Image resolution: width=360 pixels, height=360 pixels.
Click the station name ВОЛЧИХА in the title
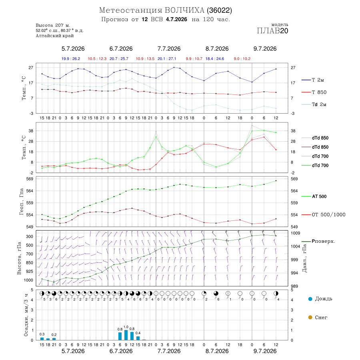click(184, 10)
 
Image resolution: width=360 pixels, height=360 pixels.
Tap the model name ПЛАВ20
click(272, 31)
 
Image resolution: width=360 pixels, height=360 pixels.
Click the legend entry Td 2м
click(314, 104)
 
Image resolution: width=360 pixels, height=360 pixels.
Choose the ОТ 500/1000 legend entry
click(323, 214)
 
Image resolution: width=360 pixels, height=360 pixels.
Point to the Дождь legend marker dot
click(310, 299)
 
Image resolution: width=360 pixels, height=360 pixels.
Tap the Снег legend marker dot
click(310, 317)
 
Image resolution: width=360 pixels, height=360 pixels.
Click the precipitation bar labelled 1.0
click(126, 335)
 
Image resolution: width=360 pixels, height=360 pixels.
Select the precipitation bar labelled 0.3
click(42, 339)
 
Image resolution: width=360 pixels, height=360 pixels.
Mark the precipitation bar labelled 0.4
click(138, 338)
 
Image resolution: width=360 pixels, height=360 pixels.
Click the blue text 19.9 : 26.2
click(71, 59)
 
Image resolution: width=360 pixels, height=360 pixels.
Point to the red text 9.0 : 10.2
click(242, 59)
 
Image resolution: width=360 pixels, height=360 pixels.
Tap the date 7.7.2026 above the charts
click(169, 49)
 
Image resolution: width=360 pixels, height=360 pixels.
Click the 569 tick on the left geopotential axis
click(30, 179)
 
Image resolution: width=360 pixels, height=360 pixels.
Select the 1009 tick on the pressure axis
click(295, 233)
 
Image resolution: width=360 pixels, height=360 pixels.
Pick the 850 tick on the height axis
click(29, 263)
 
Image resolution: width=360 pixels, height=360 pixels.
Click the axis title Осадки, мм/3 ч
click(26, 315)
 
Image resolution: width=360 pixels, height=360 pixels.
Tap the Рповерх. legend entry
click(318, 241)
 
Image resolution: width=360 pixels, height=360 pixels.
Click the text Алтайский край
click(55, 36)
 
